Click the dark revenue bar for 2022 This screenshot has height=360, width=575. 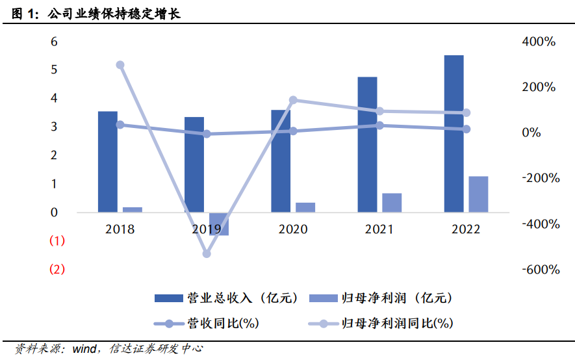[454, 133]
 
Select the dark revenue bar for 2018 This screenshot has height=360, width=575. [108, 162]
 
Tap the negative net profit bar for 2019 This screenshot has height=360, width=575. [219, 224]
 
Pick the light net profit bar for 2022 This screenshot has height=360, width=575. [478, 194]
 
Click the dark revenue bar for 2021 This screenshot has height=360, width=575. [367, 144]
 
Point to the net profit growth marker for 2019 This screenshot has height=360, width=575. [207, 253]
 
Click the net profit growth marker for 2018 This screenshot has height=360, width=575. [120, 65]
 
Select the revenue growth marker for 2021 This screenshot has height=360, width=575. [379, 125]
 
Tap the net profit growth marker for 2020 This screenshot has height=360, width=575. [293, 100]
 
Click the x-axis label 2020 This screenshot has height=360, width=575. [292, 229]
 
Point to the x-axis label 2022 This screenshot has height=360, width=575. [465, 229]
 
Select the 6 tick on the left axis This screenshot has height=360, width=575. [54, 42]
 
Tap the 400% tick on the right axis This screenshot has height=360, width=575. [539, 42]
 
